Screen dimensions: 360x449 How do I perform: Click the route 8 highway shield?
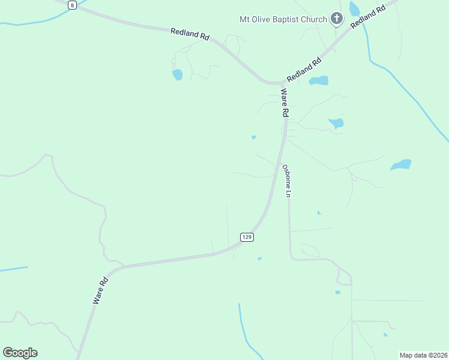[x=72, y=5]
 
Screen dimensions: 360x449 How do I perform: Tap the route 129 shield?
[x=247, y=237]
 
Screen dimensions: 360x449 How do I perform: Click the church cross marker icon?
[x=337, y=19]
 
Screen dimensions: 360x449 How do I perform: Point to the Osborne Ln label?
[x=287, y=181]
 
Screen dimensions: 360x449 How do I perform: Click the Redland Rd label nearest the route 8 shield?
[x=189, y=34]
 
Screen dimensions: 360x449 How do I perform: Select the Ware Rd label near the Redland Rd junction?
[x=285, y=103]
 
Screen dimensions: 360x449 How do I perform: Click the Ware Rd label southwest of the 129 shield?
[x=100, y=290]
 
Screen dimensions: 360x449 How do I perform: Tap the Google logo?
[x=20, y=353]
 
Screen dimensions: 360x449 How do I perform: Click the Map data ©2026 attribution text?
[x=423, y=355]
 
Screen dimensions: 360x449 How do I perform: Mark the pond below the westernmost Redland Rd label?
[x=177, y=74]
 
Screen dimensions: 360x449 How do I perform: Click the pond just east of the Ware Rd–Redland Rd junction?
[x=319, y=80]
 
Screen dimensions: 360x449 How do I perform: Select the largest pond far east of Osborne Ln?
[x=401, y=164]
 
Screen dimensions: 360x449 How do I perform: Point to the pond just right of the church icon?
[x=354, y=8]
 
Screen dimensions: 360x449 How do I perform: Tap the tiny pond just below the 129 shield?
[x=259, y=259]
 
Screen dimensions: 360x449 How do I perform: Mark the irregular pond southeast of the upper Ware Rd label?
[x=336, y=124]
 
